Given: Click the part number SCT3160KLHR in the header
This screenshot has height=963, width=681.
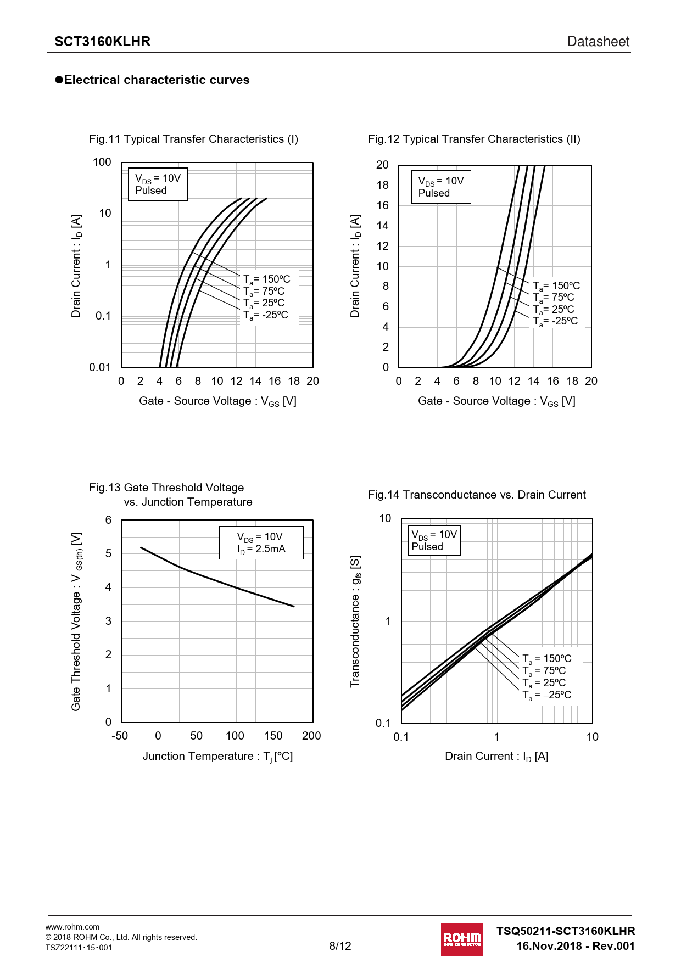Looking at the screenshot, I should pyautogui.click(x=102, y=42).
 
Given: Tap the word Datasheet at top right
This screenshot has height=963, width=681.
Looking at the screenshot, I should pyautogui.click(x=598, y=42).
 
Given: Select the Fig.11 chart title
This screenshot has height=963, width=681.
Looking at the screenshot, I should pyautogui.click(x=193, y=139).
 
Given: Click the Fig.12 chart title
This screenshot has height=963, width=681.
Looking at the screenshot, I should pyautogui.click(x=474, y=139).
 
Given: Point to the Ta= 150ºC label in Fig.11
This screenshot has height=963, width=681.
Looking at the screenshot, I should pyautogui.click(x=267, y=279).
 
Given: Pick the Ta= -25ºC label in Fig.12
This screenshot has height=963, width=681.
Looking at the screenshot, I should pyautogui.click(x=555, y=321).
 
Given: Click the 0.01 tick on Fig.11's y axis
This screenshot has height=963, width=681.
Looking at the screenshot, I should pyautogui.click(x=100, y=367).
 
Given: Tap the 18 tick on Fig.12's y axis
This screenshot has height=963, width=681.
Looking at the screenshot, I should pyautogui.click(x=382, y=185).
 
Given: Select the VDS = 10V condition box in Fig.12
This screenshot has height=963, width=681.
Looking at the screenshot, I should pyautogui.click(x=441, y=187).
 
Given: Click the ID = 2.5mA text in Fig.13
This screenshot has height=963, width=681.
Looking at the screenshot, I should pyautogui.click(x=261, y=549).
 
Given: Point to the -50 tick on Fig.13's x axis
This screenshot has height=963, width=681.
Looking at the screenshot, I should pyautogui.click(x=120, y=736).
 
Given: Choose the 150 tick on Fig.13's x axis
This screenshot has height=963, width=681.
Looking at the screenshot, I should pyautogui.click(x=273, y=736).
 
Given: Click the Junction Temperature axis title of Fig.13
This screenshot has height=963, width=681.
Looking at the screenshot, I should pyautogui.click(x=217, y=757).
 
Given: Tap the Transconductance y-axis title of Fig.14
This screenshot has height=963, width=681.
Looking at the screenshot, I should pyautogui.click(x=355, y=621).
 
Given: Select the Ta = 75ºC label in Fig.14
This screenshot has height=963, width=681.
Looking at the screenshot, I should pyautogui.click(x=544, y=671).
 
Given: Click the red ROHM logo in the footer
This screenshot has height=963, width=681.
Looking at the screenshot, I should pyautogui.click(x=462, y=939).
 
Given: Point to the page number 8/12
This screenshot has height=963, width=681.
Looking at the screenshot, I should pyautogui.click(x=340, y=945).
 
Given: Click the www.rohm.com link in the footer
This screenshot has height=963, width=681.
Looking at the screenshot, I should pyautogui.click(x=72, y=927).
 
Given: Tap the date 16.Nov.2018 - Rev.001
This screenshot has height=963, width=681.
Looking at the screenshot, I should pyautogui.click(x=575, y=946).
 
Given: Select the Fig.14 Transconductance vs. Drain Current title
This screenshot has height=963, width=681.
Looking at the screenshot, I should pyautogui.click(x=477, y=495).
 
